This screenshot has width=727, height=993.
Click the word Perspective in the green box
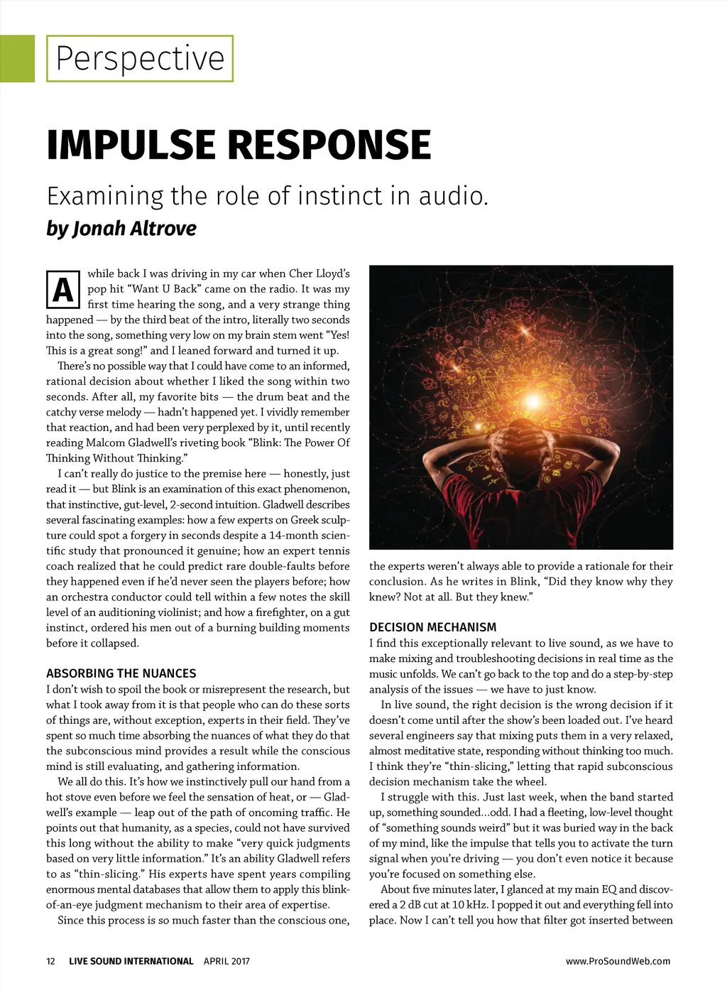click(x=140, y=58)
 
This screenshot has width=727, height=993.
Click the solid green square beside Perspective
click(x=17, y=58)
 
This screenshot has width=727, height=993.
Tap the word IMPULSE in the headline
click(x=131, y=145)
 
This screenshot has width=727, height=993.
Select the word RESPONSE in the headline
click(x=329, y=145)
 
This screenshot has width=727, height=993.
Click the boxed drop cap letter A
click(x=62, y=290)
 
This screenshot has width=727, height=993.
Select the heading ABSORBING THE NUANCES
click(x=121, y=673)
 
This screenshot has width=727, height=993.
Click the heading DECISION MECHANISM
click(x=432, y=627)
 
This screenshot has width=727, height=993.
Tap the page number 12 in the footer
click(x=50, y=961)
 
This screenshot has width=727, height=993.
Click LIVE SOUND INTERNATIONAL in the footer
click(x=131, y=961)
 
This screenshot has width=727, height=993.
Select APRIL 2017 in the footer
click(x=226, y=961)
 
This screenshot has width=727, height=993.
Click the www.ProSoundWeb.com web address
click(x=618, y=961)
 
